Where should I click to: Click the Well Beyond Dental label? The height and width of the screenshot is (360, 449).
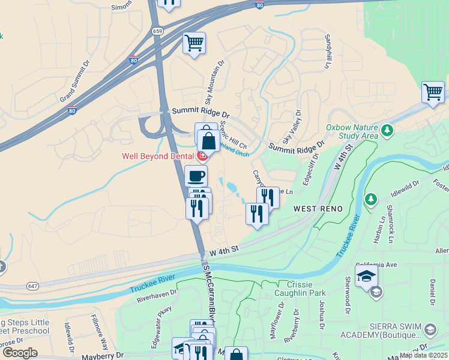click(157, 156)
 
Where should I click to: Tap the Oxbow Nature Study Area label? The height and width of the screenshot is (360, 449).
click(352, 131)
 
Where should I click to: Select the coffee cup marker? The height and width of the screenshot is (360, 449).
click(196, 176)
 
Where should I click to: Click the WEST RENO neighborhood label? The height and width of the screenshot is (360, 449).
click(318, 209)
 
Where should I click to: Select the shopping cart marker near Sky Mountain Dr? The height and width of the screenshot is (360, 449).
click(194, 43)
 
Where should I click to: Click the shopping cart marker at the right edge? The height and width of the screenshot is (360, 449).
click(433, 92)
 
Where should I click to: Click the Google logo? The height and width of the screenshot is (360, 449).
click(20, 352)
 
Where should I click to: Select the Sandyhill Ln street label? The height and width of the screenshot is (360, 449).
click(328, 50)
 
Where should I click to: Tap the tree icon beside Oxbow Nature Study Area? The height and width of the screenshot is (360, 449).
click(388, 129)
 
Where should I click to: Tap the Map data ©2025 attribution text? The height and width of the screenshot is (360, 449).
click(424, 355)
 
